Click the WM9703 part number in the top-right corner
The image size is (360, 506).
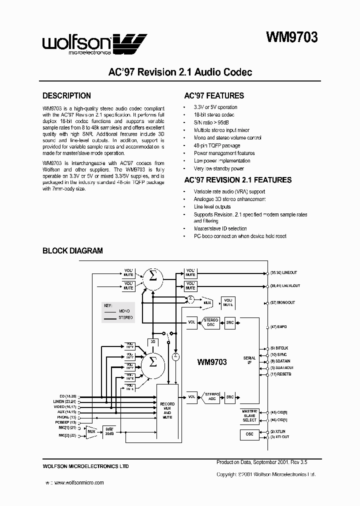291,37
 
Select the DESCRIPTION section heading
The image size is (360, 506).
66,96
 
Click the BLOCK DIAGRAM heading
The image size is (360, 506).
72,250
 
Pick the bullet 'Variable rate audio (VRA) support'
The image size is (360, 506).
229,191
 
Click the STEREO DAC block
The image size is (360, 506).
211,322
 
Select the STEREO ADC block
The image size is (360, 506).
211,397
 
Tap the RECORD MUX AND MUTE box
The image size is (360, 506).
167,410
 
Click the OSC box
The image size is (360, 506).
249,434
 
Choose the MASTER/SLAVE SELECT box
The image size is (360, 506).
249,415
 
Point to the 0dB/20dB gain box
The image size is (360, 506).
108,431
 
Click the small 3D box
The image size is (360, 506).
152,341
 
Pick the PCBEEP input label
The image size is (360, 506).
67,422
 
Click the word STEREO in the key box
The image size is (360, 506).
126,317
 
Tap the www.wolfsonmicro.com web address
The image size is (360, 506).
78,482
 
